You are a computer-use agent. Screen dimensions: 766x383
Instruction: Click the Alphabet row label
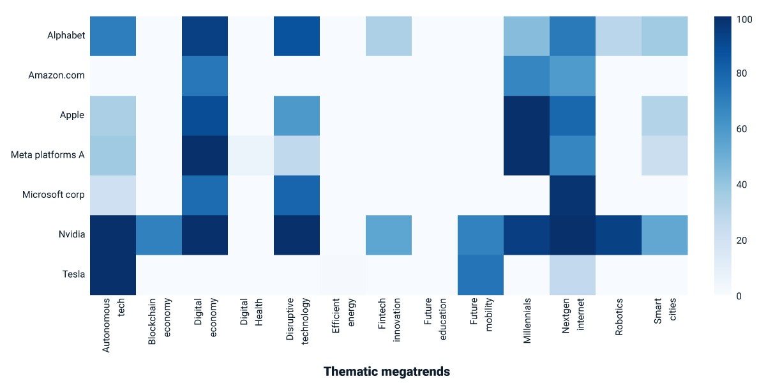(66, 36)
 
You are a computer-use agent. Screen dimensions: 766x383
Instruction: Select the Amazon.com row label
(56, 75)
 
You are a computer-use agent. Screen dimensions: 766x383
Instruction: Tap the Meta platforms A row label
(47, 155)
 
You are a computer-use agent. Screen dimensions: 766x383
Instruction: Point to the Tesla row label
(73, 274)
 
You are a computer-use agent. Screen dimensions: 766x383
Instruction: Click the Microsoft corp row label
(54, 195)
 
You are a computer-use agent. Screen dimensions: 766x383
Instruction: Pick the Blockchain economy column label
(160, 322)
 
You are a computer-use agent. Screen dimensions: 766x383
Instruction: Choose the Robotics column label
(619, 317)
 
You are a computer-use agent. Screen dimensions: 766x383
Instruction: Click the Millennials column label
(527, 320)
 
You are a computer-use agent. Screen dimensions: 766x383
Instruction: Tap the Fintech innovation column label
(389, 320)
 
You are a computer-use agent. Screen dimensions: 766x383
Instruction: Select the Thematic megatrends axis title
(387, 372)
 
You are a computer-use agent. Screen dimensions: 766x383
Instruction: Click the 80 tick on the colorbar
(742, 73)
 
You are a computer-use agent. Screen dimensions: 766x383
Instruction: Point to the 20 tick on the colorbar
(742, 241)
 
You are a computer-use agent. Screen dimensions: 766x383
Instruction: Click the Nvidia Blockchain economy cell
(159, 235)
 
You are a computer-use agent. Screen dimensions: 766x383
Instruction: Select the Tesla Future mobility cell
(481, 275)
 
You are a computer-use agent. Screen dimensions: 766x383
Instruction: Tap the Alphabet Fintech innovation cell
(389, 36)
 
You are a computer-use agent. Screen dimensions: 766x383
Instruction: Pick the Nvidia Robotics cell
(619, 235)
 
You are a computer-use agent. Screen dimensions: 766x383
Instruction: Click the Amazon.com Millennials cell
(527, 76)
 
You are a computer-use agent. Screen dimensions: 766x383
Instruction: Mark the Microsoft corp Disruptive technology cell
(297, 195)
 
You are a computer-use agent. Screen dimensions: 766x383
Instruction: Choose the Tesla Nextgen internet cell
(573, 275)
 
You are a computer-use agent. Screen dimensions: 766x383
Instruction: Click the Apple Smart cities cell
(665, 116)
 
